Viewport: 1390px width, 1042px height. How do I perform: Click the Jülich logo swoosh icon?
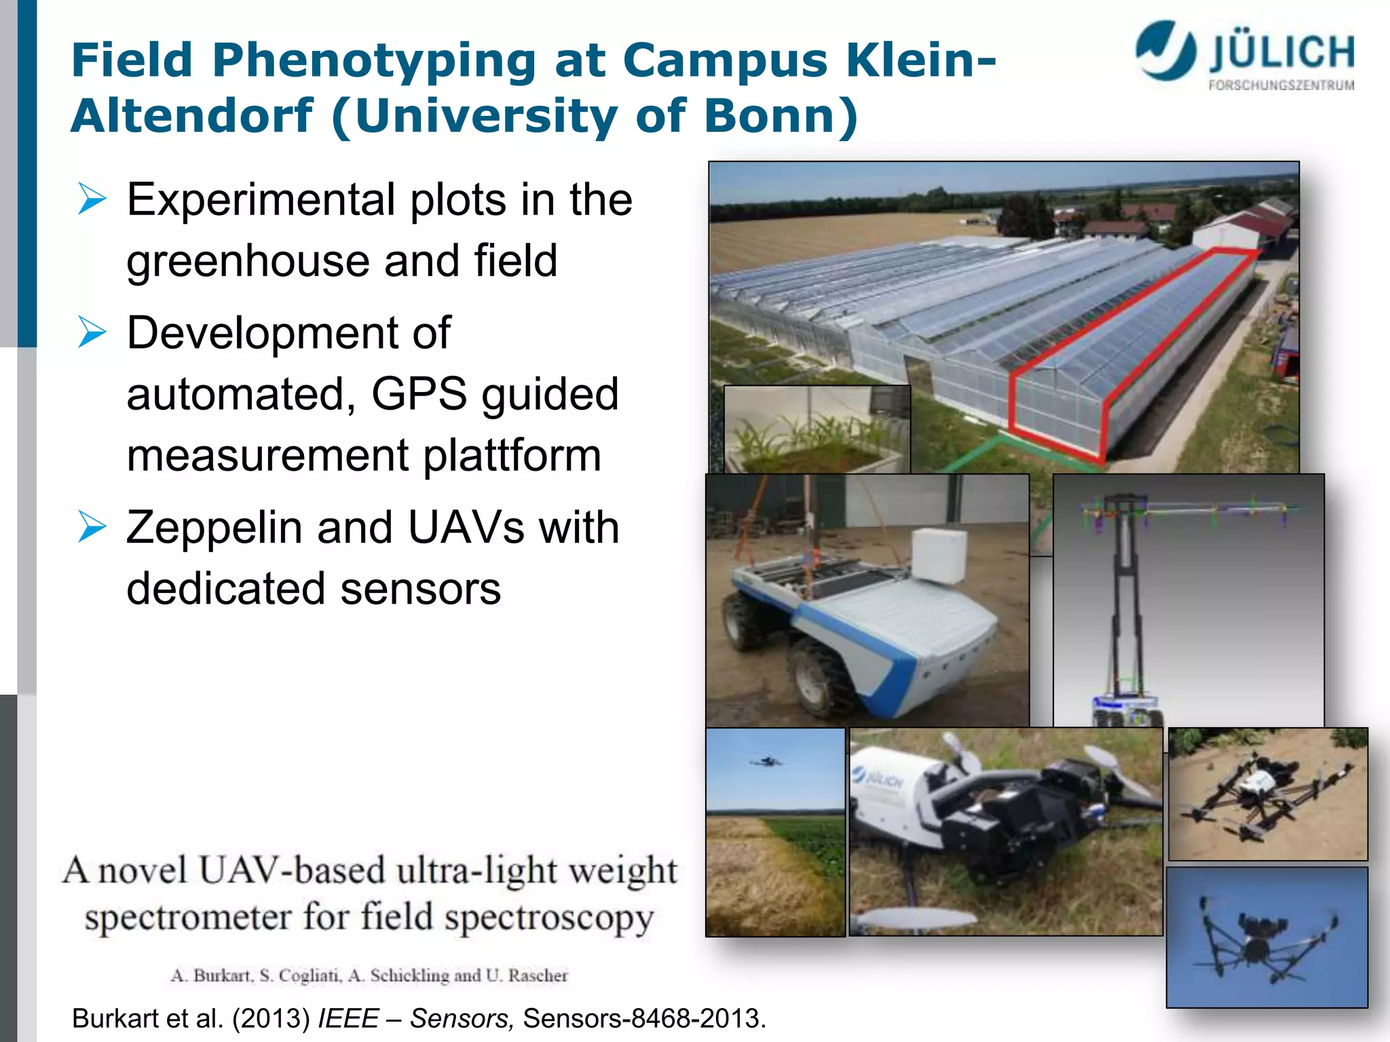(1166, 50)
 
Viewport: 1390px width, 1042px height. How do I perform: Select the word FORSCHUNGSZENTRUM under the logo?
(1281, 85)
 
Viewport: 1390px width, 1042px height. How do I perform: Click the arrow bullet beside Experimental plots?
(92, 199)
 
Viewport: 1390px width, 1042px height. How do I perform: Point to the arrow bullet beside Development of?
(92, 332)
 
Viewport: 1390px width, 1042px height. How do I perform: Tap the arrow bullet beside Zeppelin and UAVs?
(92, 527)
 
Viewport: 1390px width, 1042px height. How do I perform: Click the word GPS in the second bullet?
(419, 394)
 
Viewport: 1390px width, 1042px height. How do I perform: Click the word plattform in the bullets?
(512, 455)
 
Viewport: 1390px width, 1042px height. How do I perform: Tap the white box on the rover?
(939, 555)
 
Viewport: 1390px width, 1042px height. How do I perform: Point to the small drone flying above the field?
(768, 761)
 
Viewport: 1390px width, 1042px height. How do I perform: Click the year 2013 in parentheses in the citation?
(271, 1019)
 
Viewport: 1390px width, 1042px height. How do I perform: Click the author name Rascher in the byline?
(538, 976)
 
